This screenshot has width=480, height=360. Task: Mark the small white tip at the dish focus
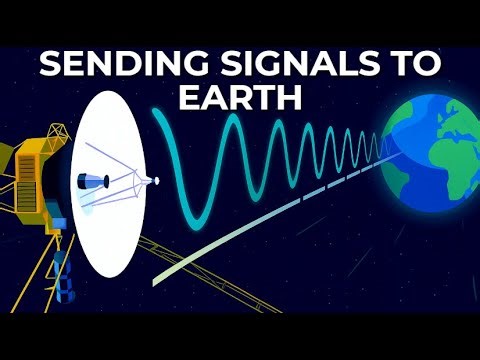point(155,181)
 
